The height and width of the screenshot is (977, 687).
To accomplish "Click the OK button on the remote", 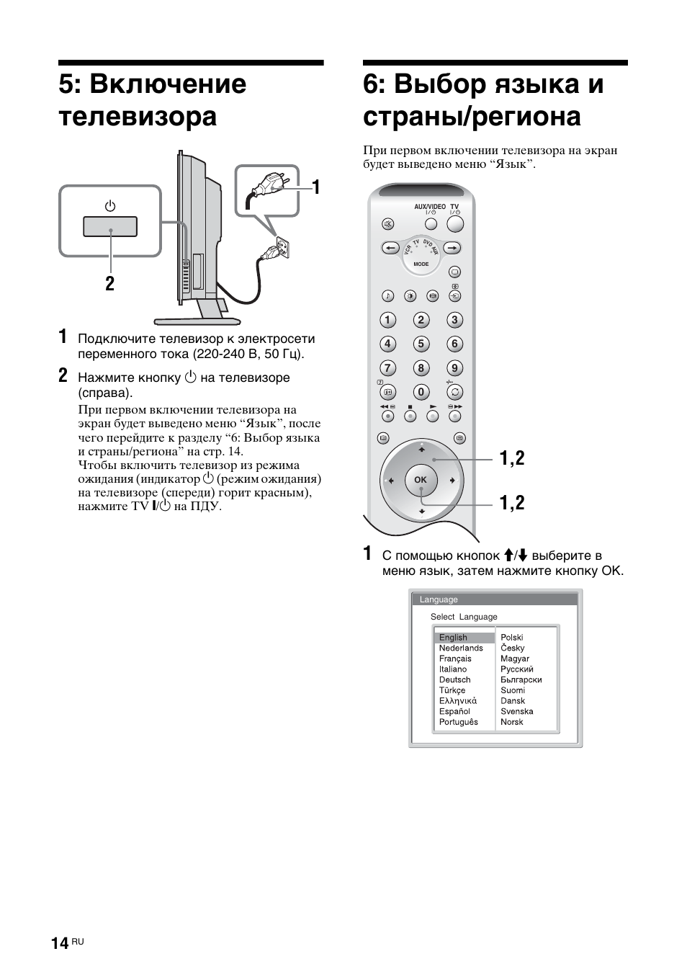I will (x=421, y=479).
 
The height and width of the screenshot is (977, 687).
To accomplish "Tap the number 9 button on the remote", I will (x=454, y=368).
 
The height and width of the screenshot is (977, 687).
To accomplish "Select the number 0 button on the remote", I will (x=421, y=392).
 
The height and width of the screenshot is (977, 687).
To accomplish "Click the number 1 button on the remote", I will (x=387, y=320).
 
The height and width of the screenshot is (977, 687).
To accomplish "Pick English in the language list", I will (x=454, y=638).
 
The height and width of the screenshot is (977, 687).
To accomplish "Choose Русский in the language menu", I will (x=517, y=669).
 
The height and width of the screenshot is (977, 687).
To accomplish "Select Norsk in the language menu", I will (x=512, y=722).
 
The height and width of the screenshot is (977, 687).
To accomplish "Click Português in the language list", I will (x=459, y=722).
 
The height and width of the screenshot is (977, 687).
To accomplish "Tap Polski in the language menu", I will (x=512, y=638).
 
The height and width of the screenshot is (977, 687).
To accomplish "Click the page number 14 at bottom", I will (x=60, y=944).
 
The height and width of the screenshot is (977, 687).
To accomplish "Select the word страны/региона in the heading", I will (x=472, y=116).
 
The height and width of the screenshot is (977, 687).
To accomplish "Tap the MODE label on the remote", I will (x=421, y=264).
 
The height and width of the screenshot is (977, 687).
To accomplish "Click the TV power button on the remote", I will (x=455, y=223).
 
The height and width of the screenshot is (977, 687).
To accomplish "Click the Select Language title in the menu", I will (x=464, y=617).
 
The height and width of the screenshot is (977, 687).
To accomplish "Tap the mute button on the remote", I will (x=388, y=223).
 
